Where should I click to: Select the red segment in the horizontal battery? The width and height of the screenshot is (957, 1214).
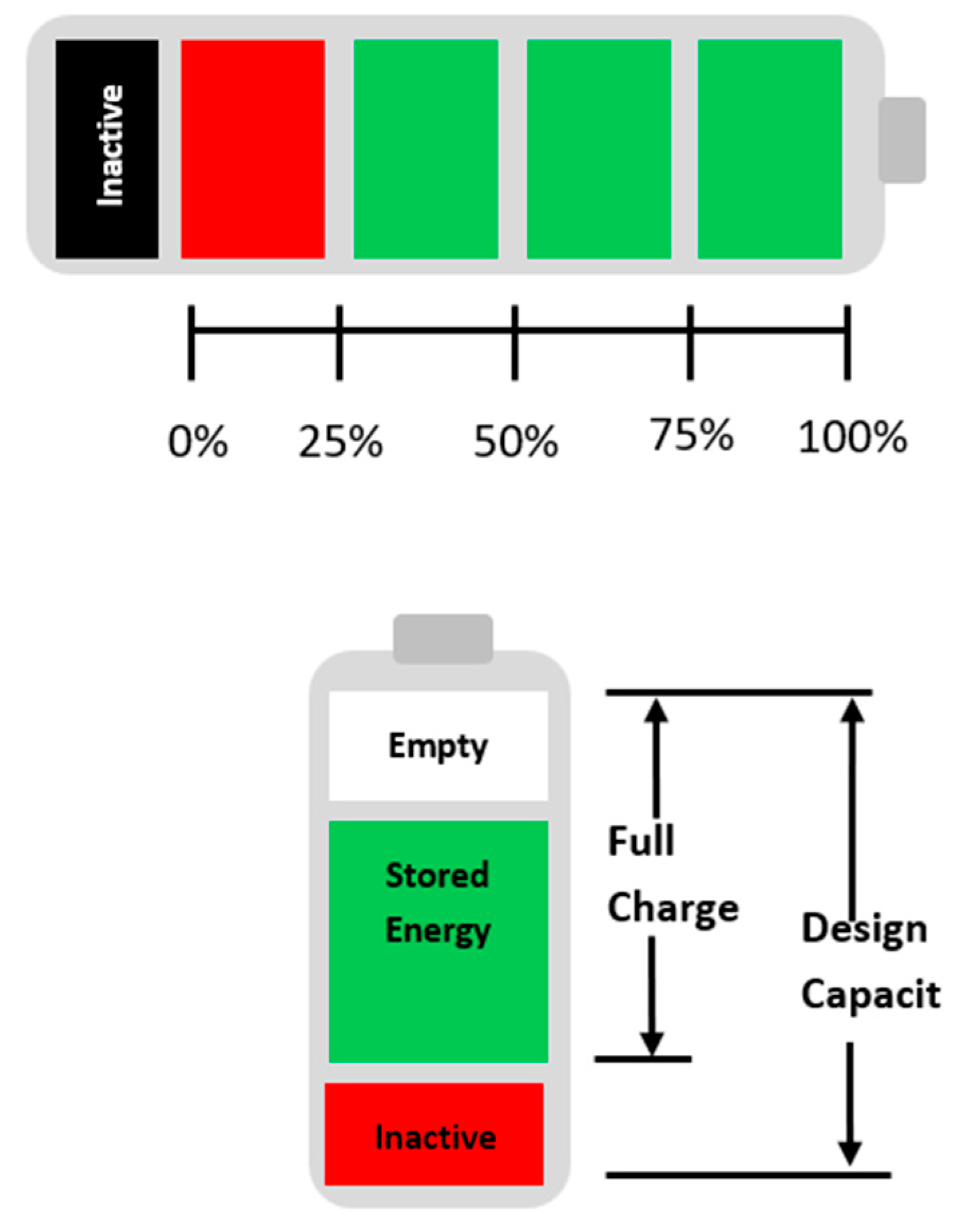(x=253, y=149)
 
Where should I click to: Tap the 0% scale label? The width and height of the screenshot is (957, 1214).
(x=198, y=442)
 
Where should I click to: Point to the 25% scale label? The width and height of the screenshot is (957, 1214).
(x=340, y=442)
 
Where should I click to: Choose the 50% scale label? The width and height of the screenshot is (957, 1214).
(x=515, y=442)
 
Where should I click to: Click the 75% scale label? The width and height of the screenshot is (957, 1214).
(x=692, y=435)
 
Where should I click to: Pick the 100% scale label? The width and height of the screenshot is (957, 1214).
(x=852, y=438)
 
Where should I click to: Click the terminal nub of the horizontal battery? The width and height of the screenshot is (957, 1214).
(x=902, y=140)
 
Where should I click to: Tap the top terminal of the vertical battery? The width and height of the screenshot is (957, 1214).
(x=443, y=638)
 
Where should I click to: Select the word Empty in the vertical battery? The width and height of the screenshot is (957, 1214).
(x=438, y=746)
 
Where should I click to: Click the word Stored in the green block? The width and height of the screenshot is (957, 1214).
(x=437, y=875)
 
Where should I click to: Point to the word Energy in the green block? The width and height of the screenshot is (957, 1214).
(x=438, y=931)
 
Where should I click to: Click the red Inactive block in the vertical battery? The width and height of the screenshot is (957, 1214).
(x=434, y=1138)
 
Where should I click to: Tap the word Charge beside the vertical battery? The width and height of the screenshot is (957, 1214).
(x=672, y=909)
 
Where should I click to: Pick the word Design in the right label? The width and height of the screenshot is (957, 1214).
(x=863, y=929)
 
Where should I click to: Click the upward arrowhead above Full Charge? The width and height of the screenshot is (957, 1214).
(x=656, y=711)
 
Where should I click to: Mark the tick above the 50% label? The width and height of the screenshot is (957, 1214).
(x=515, y=343)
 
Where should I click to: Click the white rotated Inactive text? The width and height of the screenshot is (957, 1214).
(x=110, y=145)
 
